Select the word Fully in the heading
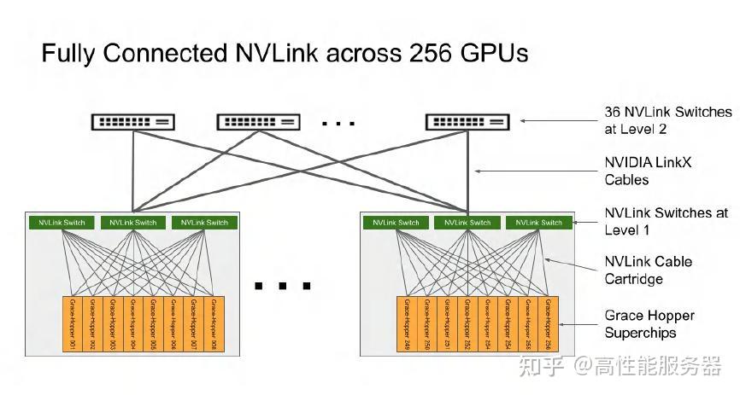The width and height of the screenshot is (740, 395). point(69,55)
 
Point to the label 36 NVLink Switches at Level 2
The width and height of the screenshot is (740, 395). point(667,120)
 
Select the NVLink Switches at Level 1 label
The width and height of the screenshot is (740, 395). point(666,221)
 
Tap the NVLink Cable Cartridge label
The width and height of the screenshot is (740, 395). point(648,270)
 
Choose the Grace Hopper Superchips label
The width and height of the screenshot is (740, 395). point(649,323)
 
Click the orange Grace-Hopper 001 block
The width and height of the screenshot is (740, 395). point(73,324)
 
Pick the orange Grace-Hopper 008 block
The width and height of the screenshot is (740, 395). point(214,324)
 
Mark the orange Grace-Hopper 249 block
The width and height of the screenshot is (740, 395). point(406,324)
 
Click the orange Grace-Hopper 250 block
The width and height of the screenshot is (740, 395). point(426,324)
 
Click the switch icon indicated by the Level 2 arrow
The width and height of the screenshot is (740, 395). point(467,122)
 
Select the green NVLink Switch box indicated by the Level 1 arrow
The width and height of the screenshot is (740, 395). point(539,223)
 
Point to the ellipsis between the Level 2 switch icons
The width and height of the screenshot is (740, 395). point(338,123)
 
